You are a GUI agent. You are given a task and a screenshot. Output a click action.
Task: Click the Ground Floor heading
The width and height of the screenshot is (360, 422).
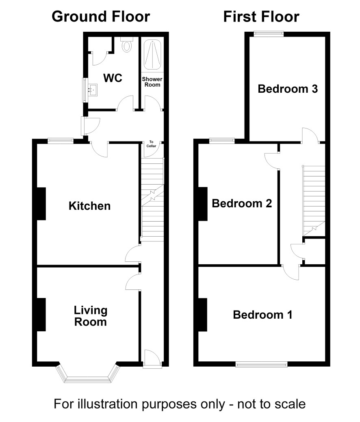tap(101, 17)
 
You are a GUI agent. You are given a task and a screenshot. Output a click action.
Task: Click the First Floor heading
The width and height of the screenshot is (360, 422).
tap(261, 17)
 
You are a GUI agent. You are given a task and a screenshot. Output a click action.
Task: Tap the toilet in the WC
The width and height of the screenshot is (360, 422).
tap(127, 44)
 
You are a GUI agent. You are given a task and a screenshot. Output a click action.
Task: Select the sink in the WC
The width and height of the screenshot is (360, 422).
tap(93, 89)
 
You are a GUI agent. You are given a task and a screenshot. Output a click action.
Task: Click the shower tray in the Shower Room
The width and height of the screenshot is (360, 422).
tap(152, 54)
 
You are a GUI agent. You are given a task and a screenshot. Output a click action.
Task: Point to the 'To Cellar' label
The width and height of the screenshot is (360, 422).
tap(151, 144)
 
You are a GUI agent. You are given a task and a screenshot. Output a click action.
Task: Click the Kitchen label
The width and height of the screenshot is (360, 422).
tap(90, 206)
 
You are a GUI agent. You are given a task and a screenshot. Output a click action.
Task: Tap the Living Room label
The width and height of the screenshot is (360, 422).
tap(90, 316)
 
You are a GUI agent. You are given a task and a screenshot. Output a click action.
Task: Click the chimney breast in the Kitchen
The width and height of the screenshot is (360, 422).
tap(41, 204)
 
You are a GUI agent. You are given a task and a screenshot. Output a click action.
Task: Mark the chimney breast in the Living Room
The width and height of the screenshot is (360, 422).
tap(41, 314)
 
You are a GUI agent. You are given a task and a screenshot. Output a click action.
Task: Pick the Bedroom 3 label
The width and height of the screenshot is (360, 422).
tap(288, 89)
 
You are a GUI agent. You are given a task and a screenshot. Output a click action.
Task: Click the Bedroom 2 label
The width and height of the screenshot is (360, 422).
tap(242, 203)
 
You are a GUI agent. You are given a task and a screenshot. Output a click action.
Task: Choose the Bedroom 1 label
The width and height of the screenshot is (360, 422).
tap(262, 315)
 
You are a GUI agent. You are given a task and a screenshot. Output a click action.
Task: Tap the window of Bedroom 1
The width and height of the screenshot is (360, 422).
tap(262, 365)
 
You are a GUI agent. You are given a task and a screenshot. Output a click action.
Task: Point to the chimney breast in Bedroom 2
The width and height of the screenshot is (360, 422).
tap(203, 204)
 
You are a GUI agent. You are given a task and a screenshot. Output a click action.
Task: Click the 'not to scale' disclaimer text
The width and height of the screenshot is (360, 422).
tap(271, 404)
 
